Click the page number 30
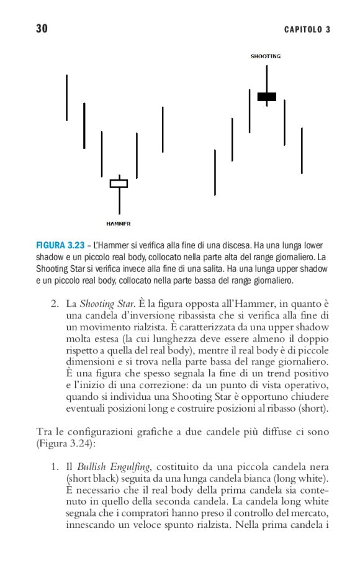click(42, 29)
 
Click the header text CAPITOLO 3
click(307, 30)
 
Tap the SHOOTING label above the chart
click(266, 57)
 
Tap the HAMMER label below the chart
click(118, 224)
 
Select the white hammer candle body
click(119, 183)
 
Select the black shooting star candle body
click(267, 97)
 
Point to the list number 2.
click(54, 304)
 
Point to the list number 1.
click(54, 467)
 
